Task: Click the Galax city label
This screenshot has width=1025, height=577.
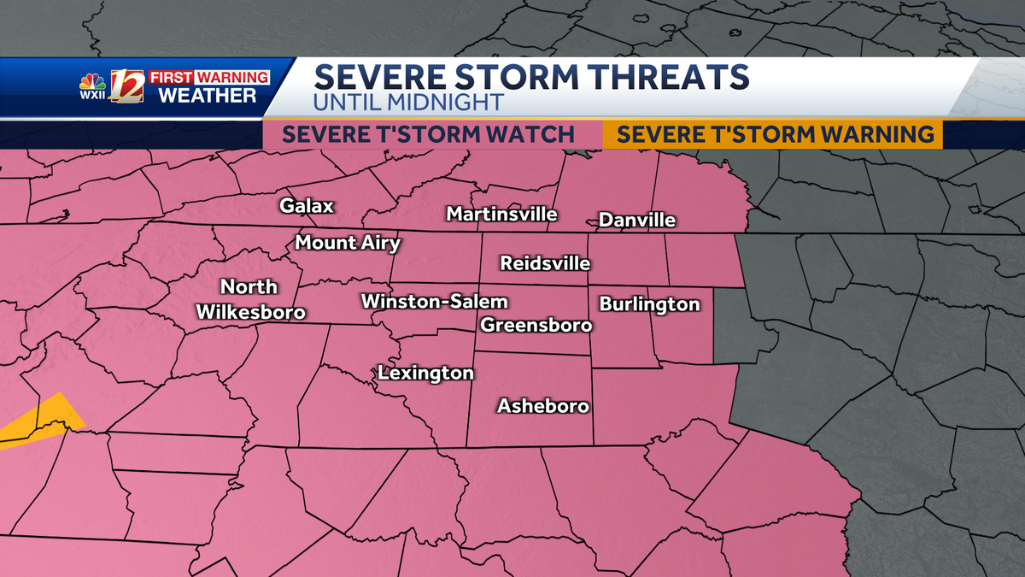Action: click(x=307, y=206)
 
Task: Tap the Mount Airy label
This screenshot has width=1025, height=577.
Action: click(x=348, y=243)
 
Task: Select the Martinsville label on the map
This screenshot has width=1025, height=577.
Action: click(x=501, y=213)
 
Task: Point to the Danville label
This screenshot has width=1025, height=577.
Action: click(x=637, y=221)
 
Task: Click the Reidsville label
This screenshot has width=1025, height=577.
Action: click(x=545, y=263)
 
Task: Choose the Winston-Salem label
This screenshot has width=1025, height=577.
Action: click(x=434, y=302)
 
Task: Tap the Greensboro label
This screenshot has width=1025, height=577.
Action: click(x=536, y=325)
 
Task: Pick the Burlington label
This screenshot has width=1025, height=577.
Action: click(x=649, y=304)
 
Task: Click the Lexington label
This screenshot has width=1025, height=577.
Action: click(x=425, y=374)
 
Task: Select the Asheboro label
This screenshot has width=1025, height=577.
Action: click(x=543, y=406)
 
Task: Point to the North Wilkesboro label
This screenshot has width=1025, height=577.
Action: click(x=250, y=299)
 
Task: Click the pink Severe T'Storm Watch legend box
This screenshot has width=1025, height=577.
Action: click(x=428, y=134)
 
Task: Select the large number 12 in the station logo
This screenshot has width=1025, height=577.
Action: click(x=127, y=86)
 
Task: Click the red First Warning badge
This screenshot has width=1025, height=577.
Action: click(x=209, y=77)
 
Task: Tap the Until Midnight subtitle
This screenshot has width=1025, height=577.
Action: click(x=408, y=103)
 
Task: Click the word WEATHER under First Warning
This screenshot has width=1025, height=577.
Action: click(x=208, y=95)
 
